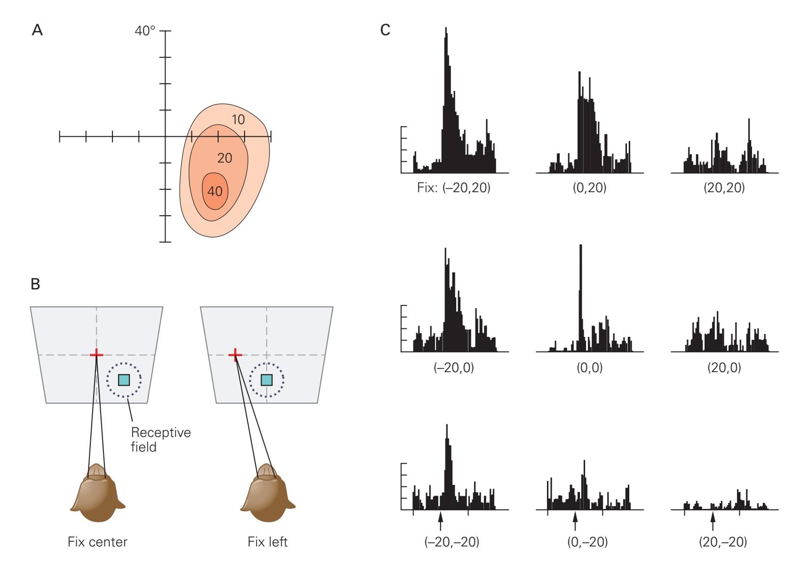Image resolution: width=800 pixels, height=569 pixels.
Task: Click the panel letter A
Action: [x=37, y=31]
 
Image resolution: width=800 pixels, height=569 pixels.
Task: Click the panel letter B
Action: [x=35, y=284]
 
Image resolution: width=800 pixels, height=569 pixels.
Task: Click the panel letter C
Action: [x=385, y=31]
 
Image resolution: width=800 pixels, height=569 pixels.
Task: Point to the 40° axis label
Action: [x=145, y=31]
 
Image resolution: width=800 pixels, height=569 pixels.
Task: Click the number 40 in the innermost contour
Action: [x=215, y=192]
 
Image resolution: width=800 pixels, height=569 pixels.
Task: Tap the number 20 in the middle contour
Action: [x=225, y=158]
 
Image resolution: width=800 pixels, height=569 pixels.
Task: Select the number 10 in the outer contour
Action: [x=238, y=120]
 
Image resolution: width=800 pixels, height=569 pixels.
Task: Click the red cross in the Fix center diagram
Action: [x=96, y=354]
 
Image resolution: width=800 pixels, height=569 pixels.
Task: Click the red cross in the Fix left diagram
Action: [x=235, y=354]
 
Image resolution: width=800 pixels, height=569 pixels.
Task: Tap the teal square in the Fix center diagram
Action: [x=124, y=380]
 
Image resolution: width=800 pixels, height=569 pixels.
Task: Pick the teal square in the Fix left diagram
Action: [x=267, y=380]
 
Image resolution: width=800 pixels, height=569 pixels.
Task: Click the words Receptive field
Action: [x=160, y=439]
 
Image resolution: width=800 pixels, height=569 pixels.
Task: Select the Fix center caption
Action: [x=97, y=542]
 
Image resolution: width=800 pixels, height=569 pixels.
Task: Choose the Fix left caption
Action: [x=268, y=542]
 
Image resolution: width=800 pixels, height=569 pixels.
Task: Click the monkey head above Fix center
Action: [x=97, y=493]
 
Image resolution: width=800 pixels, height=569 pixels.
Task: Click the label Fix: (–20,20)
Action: [x=453, y=188]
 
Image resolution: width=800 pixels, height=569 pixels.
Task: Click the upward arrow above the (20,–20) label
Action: [x=713, y=521]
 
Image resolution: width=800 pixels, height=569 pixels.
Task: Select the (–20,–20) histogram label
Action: [x=452, y=542]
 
